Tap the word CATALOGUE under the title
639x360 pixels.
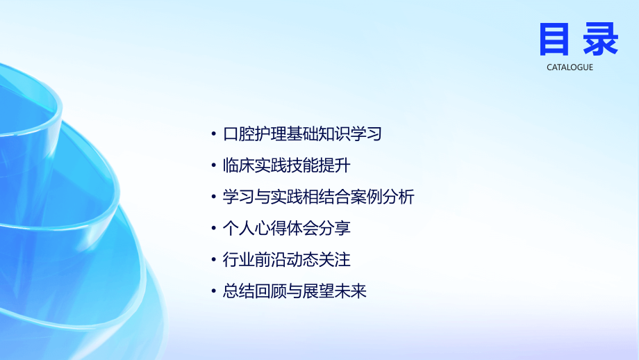point(570,67)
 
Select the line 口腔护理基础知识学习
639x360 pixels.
point(302,133)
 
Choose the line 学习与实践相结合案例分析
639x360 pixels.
point(318,197)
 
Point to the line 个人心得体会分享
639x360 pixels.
point(286,228)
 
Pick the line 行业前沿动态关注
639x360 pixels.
point(286,260)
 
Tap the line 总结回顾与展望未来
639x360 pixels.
point(294,291)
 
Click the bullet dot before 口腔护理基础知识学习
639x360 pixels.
point(213,134)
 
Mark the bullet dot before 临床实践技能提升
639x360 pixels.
point(213,166)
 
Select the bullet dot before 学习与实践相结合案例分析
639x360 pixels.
point(213,197)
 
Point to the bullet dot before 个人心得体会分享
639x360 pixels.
point(213,229)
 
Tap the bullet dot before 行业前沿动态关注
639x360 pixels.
point(213,261)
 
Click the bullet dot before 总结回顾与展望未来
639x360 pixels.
point(213,292)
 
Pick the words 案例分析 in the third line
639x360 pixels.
point(382,197)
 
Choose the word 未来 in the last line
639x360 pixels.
point(350,291)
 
